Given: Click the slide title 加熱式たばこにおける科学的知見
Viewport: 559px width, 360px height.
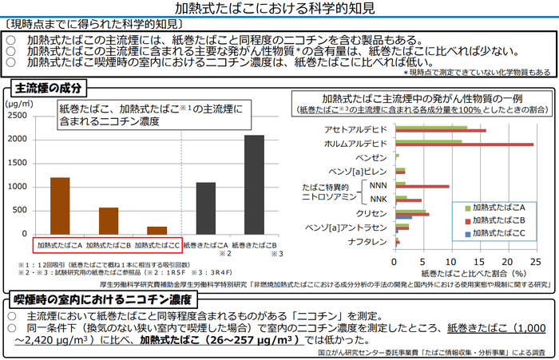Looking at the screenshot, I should click(x=279, y=10).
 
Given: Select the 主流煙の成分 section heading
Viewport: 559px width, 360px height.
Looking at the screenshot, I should click(x=47, y=87).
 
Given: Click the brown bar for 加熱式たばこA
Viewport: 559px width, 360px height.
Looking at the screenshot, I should click(x=60, y=205).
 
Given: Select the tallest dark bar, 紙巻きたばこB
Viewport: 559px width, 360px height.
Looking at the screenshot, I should click(x=254, y=184).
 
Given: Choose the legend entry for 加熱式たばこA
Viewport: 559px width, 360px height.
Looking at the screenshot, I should click(x=503, y=205).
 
